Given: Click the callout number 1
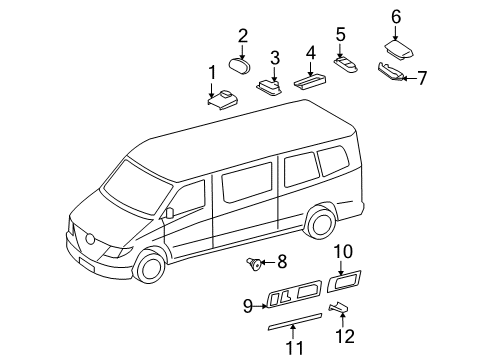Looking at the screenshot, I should [211, 71].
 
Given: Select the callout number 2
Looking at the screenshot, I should [242, 35].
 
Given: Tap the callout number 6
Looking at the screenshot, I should [396, 16].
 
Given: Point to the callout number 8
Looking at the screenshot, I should [281, 263].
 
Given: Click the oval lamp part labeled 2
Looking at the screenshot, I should [241, 66].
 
